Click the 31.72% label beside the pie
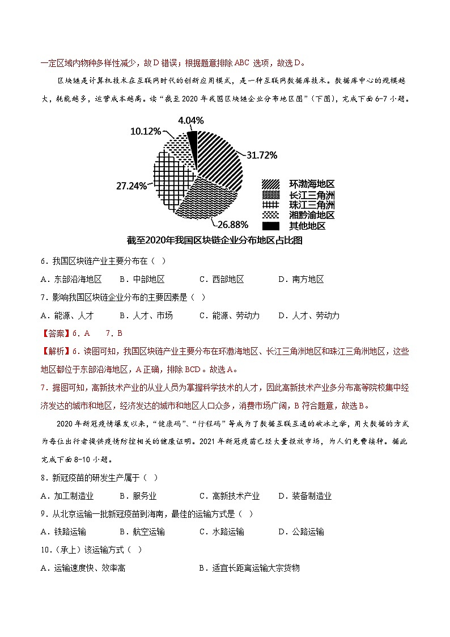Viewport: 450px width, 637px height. coord(262,155)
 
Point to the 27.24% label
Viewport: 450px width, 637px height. coord(132,185)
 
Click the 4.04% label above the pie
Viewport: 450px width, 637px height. coord(191,121)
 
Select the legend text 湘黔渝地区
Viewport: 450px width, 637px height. coord(312,216)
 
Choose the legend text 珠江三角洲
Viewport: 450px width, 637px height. coord(312,205)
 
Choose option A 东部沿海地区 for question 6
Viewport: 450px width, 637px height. coord(71,279)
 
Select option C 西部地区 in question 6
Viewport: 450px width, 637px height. coord(222,279)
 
